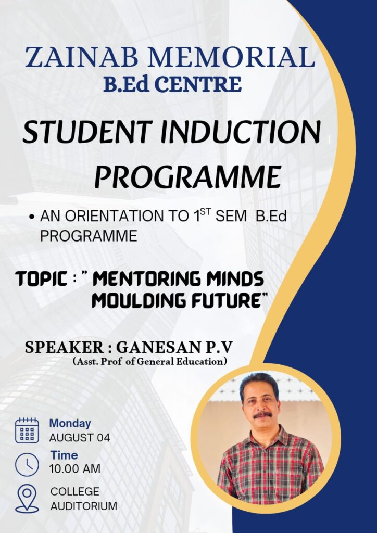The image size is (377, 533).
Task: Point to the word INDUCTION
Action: (x=241, y=132)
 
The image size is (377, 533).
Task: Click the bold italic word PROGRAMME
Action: (x=188, y=177)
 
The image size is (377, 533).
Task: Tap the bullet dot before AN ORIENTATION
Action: (x=32, y=217)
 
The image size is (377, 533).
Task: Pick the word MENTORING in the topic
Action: (x=141, y=279)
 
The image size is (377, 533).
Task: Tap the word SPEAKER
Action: (x=64, y=347)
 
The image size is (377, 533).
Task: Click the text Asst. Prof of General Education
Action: (x=149, y=361)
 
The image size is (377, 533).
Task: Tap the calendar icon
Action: (x=27, y=430)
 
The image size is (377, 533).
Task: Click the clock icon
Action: (x=27, y=464)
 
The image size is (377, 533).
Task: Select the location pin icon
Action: (x=27, y=498)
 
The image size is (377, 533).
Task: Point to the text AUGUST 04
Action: (x=80, y=438)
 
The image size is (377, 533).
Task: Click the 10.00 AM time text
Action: (x=75, y=469)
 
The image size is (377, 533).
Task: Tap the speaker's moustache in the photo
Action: (x=262, y=415)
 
